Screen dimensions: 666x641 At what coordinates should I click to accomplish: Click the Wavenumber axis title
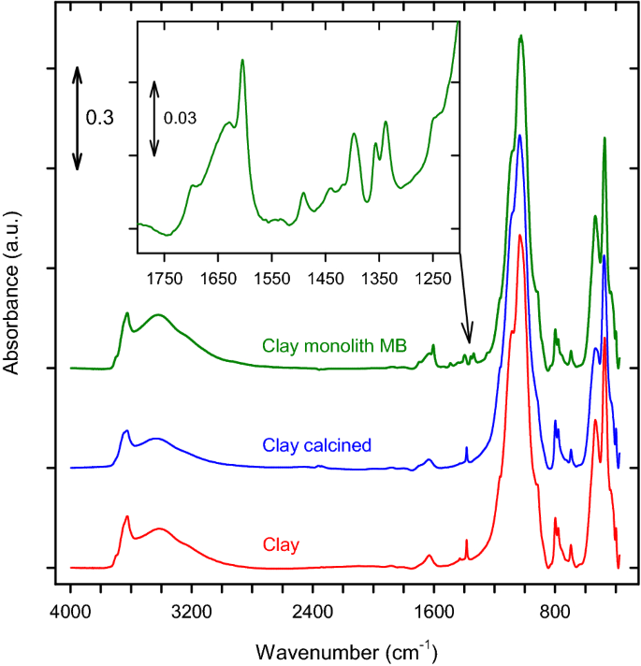346,649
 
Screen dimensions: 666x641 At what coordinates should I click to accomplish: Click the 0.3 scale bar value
100,119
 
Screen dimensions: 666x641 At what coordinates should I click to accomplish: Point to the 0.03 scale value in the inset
181,118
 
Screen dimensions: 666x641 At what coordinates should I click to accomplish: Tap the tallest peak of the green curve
520,36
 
